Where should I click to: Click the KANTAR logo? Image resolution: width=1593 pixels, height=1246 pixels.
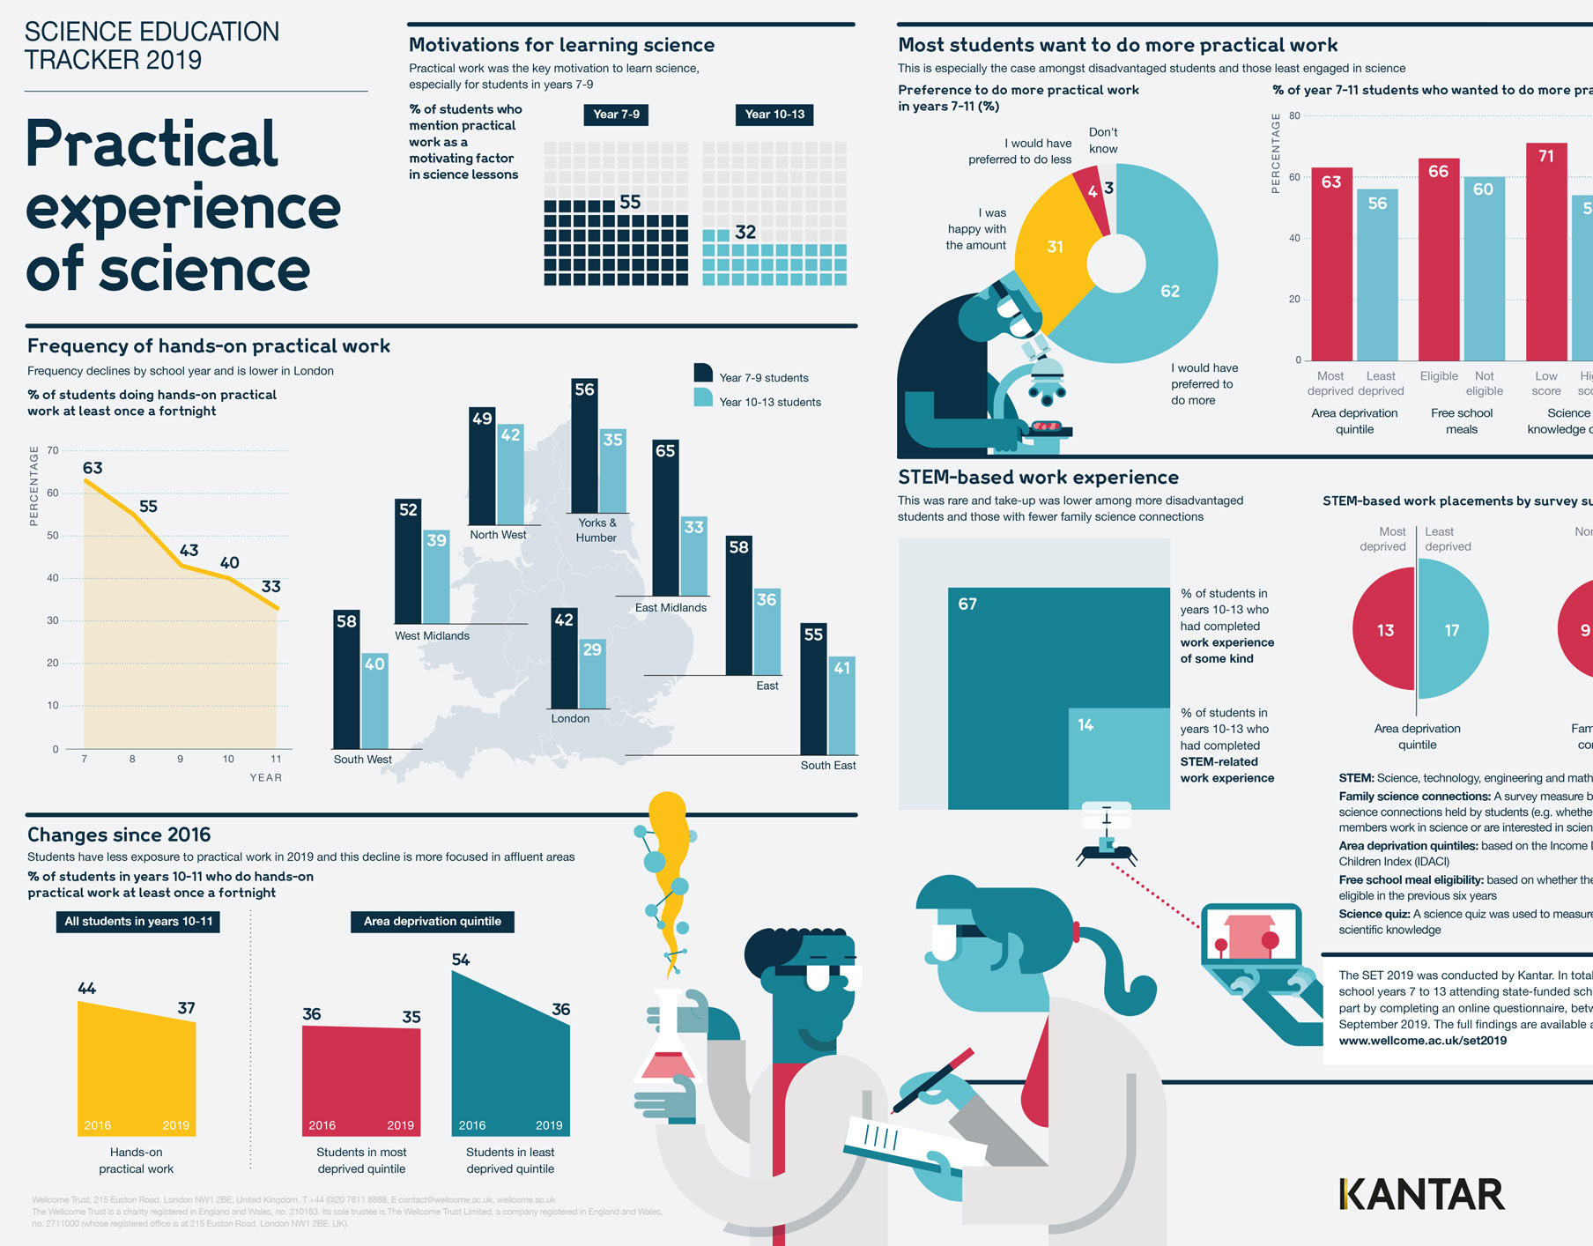(1421, 1194)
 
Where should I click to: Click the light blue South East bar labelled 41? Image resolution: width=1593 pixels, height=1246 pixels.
(841, 705)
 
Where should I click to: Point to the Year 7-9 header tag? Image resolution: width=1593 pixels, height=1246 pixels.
(617, 115)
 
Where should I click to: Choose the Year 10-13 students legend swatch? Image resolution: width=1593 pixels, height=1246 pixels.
(703, 398)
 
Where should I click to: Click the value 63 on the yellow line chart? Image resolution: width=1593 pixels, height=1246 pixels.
(93, 468)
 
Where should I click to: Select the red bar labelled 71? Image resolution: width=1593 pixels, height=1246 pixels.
(1546, 251)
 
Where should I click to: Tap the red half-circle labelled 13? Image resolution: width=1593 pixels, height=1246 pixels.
(1383, 631)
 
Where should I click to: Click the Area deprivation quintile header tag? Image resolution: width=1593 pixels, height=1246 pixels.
(432, 922)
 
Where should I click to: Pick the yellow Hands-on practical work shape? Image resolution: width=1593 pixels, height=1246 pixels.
(137, 1071)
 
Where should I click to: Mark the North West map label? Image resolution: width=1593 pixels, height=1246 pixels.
(498, 535)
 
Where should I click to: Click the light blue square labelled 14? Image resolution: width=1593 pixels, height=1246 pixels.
(1119, 758)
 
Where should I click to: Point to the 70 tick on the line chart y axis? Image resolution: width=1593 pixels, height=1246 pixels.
(53, 450)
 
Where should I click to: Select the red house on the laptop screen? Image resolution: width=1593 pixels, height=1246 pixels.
(1249, 938)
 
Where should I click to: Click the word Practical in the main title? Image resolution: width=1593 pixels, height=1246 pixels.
(152, 144)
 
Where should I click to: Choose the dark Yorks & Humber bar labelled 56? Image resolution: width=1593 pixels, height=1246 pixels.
(584, 445)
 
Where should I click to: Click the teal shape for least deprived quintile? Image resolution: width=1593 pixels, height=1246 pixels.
(510, 1057)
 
